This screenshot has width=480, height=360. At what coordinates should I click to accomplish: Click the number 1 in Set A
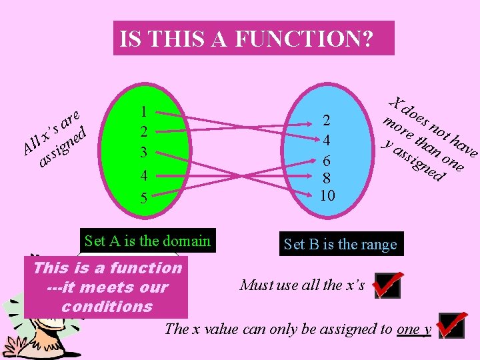coord(144,111)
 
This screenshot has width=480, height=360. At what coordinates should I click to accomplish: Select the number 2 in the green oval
coord(144,131)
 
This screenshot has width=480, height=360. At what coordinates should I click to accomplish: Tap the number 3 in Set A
coord(144,152)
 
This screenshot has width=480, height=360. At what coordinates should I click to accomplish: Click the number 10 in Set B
coord(327,195)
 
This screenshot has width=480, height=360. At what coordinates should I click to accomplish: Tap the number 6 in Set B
coord(327,161)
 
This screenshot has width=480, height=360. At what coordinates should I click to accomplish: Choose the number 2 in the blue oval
coord(327,121)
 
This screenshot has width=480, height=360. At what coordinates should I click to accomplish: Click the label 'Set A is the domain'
coord(147,241)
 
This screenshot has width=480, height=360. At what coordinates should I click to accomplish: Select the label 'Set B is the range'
coord(340,244)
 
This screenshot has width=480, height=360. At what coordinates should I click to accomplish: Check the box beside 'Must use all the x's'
coord(387,286)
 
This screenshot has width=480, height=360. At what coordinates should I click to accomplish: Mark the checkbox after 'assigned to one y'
coord(451,328)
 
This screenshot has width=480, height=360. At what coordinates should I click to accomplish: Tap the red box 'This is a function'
coord(107,287)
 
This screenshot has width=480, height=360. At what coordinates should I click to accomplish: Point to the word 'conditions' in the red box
coord(107,306)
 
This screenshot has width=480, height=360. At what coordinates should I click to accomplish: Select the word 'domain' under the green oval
coord(188,241)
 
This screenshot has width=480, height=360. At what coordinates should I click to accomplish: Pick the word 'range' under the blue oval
coord(379,244)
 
